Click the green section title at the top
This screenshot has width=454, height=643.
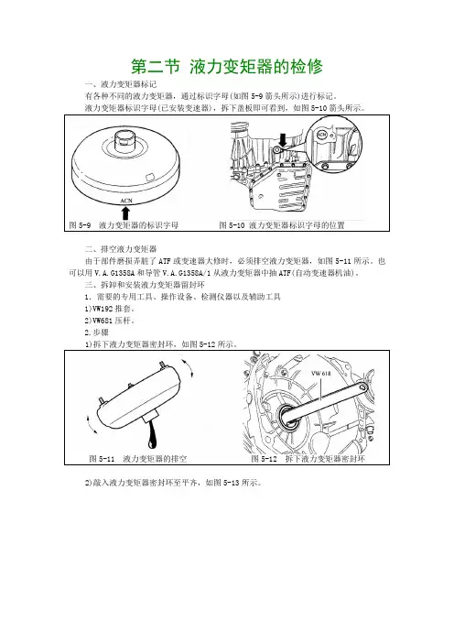point(227,67)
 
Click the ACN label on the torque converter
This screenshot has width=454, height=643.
point(126,201)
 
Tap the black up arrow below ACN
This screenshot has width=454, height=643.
point(125,213)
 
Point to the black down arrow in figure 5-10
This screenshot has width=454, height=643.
point(282,139)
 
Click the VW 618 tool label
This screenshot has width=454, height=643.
point(321,373)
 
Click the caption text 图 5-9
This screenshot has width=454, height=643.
point(80,225)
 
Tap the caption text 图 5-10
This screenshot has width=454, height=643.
point(232,225)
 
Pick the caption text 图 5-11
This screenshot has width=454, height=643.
point(102,459)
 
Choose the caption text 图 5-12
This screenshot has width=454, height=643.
point(264,459)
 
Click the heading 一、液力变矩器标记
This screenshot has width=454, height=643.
point(121,84)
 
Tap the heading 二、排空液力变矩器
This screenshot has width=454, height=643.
point(121,249)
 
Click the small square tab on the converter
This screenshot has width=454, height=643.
point(149,177)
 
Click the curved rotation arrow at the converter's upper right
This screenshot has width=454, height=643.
point(188,367)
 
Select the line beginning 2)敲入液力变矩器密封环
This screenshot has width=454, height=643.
point(173,483)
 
